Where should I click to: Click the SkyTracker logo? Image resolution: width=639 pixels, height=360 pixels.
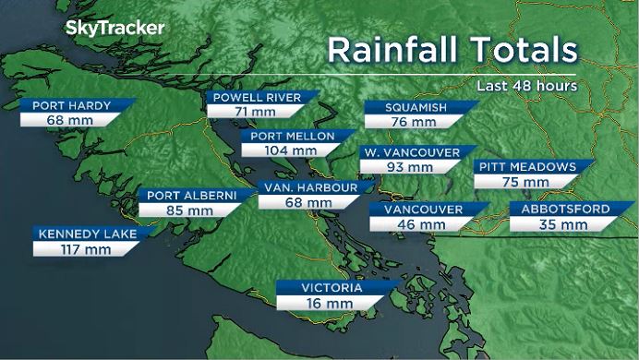point(115,29)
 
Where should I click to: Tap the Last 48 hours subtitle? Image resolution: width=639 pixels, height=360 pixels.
point(527,85)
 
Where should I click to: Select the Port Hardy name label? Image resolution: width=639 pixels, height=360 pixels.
point(71,105)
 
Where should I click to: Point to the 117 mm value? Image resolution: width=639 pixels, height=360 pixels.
point(80,249)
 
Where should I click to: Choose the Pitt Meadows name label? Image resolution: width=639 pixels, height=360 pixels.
point(526,167)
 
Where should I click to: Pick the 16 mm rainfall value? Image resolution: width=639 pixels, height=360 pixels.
point(329,303)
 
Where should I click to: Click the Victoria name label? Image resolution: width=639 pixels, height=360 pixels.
point(330,288)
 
